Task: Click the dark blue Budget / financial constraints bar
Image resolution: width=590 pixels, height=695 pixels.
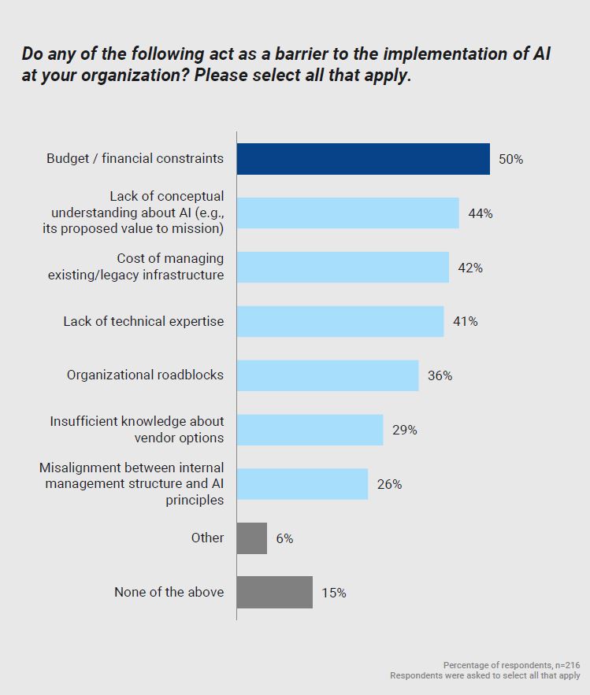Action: pos(363,159)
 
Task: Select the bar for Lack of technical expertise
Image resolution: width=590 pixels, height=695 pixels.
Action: pos(340,321)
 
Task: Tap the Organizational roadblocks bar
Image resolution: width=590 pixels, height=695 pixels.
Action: pos(327,375)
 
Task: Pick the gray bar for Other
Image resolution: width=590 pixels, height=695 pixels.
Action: pos(251,538)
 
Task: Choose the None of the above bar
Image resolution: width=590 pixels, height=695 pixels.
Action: pos(274,593)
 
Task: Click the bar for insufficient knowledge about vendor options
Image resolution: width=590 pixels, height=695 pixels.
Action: pos(310,430)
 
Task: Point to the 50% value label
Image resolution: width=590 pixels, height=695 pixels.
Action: pos(510,159)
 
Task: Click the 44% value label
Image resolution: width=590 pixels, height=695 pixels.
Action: pos(480,213)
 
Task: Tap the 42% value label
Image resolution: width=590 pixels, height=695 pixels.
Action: pos(469,268)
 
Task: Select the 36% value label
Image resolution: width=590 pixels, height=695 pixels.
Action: pos(440,375)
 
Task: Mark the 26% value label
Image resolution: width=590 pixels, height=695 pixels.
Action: pos(389,484)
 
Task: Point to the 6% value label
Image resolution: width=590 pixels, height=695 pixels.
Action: pos(284,538)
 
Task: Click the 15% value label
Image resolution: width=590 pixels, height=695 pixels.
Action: pos(333,593)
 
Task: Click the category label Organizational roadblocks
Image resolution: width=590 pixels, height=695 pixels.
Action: pos(145,375)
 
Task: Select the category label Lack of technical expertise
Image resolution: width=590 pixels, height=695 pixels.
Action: pos(143,321)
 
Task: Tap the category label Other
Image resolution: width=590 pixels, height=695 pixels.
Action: pos(207,538)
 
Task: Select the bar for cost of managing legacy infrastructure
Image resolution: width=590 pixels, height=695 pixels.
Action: pos(343,268)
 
